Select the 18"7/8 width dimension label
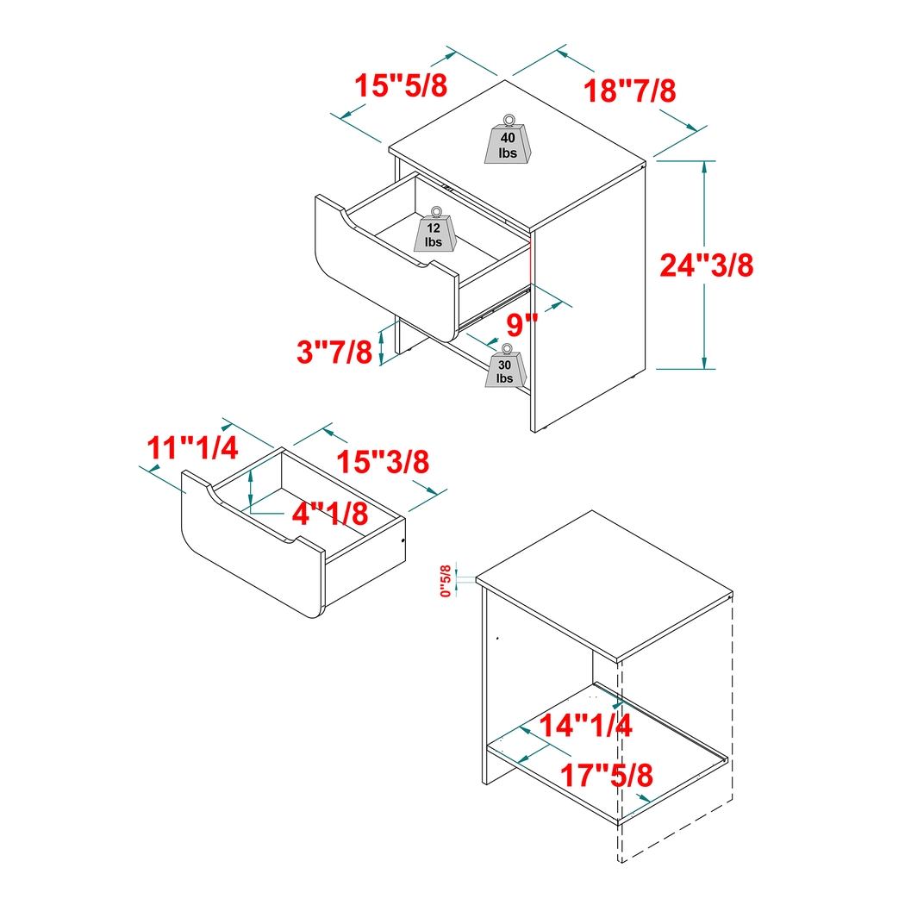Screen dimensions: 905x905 click(629, 90)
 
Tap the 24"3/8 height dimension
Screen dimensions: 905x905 click(707, 265)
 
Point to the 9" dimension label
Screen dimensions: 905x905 click(521, 326)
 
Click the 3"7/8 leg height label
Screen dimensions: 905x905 click(334, 352)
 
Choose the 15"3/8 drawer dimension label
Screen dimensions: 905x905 click(382, 461)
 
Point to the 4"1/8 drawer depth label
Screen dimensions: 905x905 click(329, 515)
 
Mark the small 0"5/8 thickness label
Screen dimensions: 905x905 click(446, 580)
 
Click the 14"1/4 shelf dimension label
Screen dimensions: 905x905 click(586, 726)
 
